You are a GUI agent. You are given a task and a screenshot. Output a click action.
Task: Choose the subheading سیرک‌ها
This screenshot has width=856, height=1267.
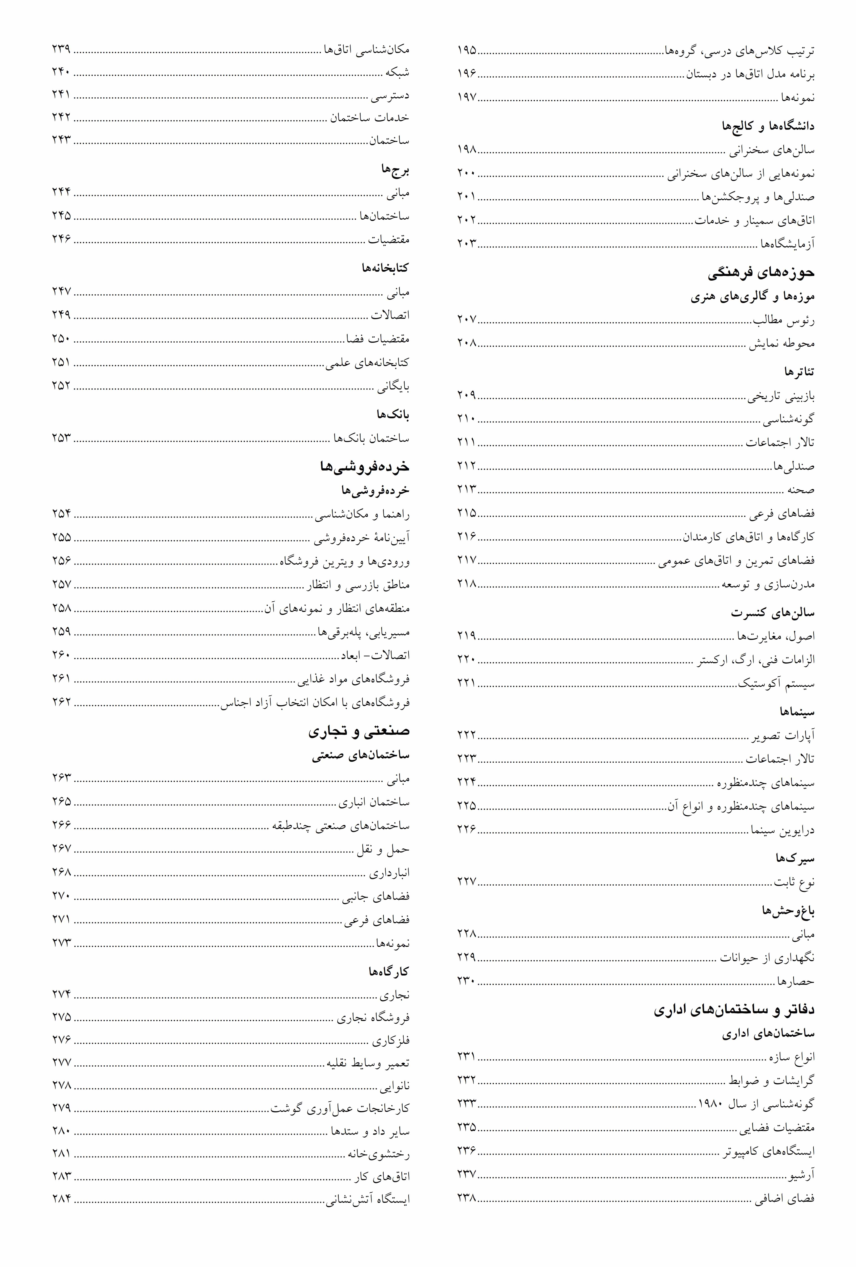coord(795,859)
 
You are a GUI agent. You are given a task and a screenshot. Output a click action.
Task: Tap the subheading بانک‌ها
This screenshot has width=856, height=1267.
coord(393,415)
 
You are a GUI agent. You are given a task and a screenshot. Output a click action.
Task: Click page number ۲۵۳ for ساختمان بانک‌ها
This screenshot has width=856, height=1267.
coord(62,438)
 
